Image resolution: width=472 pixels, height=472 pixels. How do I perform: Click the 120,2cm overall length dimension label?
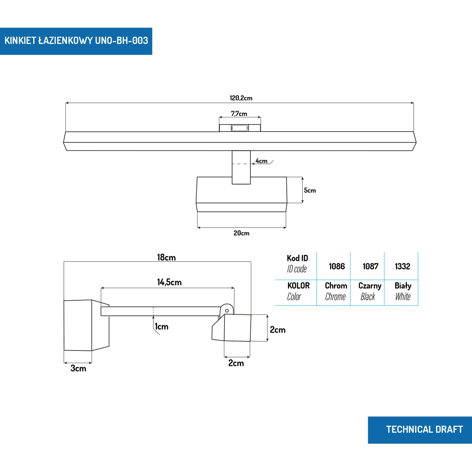pyautogui.click(x=241, y=98)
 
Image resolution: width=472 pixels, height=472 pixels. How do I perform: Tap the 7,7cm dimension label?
pyautogui.click(x=239, y=114)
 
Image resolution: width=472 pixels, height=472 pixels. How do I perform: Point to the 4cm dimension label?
pyautogui.click(x=261, y=161)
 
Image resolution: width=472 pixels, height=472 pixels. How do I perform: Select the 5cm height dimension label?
pyautogui.click(x=310, y=190)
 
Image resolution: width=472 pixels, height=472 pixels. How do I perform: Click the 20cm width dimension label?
pyautogui.click(x=241, y=233)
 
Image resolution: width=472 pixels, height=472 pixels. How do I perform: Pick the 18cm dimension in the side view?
pyautogui.click(x=166, y=257)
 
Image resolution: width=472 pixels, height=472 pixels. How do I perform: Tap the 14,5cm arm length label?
pyautogui.click(x=169, y=282)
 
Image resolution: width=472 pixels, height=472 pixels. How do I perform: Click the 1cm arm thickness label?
pyautogui.click(x=161, y=327)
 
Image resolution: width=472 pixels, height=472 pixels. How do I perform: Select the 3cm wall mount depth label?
pyautogui.click(x=78, y=368)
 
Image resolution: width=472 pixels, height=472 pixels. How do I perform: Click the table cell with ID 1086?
pyautogui.click(x=337, y=267)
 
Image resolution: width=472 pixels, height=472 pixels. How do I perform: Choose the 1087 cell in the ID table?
pyautogui.click(x=370, y=267)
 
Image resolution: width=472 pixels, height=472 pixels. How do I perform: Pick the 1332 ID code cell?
pyautogui.click(x=402, y=267)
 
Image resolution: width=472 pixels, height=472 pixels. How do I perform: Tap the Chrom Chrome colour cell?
pyautogui.click(x=336, y=291)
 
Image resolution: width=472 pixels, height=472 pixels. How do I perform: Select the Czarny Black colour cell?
pyautogui.click(x=369, y=291)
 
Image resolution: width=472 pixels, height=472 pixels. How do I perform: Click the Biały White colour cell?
pyautogui.click(x=403, y=291)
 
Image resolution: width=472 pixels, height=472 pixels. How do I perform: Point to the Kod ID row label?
pyautogui.click(x=297, y=264)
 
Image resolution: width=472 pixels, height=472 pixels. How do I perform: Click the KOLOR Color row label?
pyautogui.click(x=298, y=291)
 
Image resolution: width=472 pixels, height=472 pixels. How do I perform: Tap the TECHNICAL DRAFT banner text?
pyautogui.click(x=424, y=430)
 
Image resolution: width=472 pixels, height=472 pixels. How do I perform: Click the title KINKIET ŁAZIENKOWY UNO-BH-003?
pyautogui.click(x=76, y=41)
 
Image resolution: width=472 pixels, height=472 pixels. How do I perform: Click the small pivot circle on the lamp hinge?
pyautogui.click(x=227, y=311)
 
